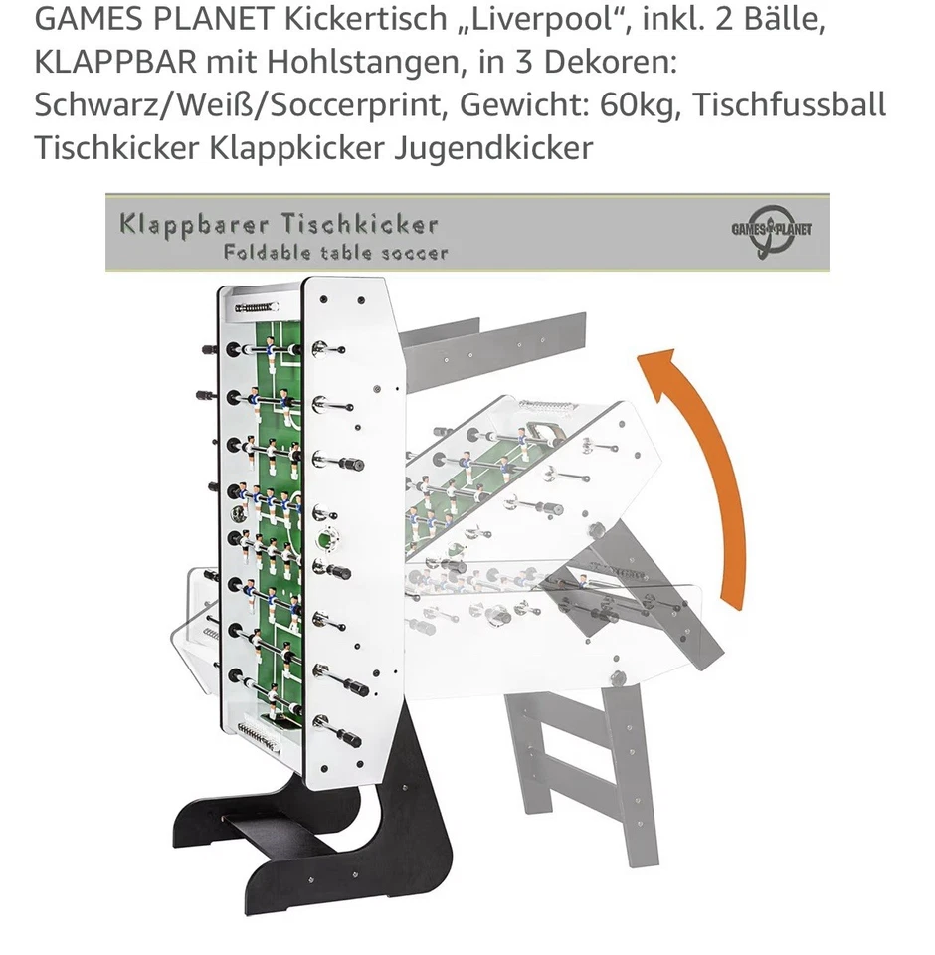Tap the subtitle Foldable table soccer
tap(335, 253)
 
